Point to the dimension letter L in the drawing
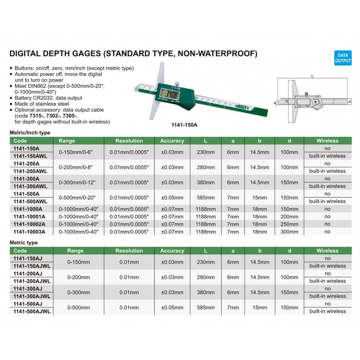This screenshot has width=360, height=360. (x=312, y=76)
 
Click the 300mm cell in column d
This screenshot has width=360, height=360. (x=289, y=231)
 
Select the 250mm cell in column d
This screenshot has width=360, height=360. (x=289, y=224)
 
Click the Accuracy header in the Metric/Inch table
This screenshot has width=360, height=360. (x=172, y=141)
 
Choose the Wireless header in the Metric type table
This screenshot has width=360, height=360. (x=327, y=251)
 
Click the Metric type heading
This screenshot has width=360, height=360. (x=24, y=243)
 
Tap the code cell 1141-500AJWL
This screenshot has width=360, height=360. (x=32, y=311)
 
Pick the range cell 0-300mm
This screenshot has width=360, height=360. (x=78, y=292)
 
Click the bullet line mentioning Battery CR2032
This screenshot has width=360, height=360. (x=49, y=98)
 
